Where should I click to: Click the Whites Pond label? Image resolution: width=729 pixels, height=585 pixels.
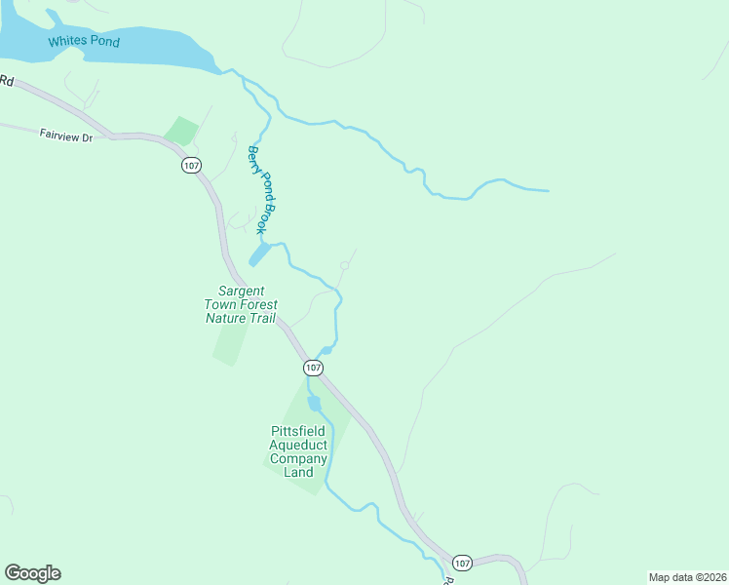point(84,41)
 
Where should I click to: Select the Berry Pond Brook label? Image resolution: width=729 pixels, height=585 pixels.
point(260,189)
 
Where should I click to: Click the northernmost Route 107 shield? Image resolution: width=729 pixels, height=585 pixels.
point(191,166)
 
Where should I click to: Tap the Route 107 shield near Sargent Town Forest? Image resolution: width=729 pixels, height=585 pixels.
point(312,368)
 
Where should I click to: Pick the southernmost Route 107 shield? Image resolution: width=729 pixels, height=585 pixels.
point(462,563)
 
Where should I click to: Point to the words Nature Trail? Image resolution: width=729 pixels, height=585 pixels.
point(241,319)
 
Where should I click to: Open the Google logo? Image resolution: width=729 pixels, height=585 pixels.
point(32,573)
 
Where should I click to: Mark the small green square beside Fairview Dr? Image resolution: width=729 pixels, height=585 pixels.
point(180,131)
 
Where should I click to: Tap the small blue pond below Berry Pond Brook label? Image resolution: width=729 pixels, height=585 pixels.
point(259,254)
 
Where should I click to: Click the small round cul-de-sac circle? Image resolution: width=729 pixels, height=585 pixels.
point(344,265)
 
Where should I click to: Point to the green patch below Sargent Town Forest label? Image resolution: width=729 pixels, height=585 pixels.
point(230,344)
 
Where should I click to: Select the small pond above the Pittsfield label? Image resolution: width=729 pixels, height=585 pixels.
point(314,404)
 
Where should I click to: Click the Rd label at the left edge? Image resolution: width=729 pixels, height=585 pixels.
point(6,82)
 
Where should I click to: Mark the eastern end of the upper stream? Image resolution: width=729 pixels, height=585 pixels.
point(547,190)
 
